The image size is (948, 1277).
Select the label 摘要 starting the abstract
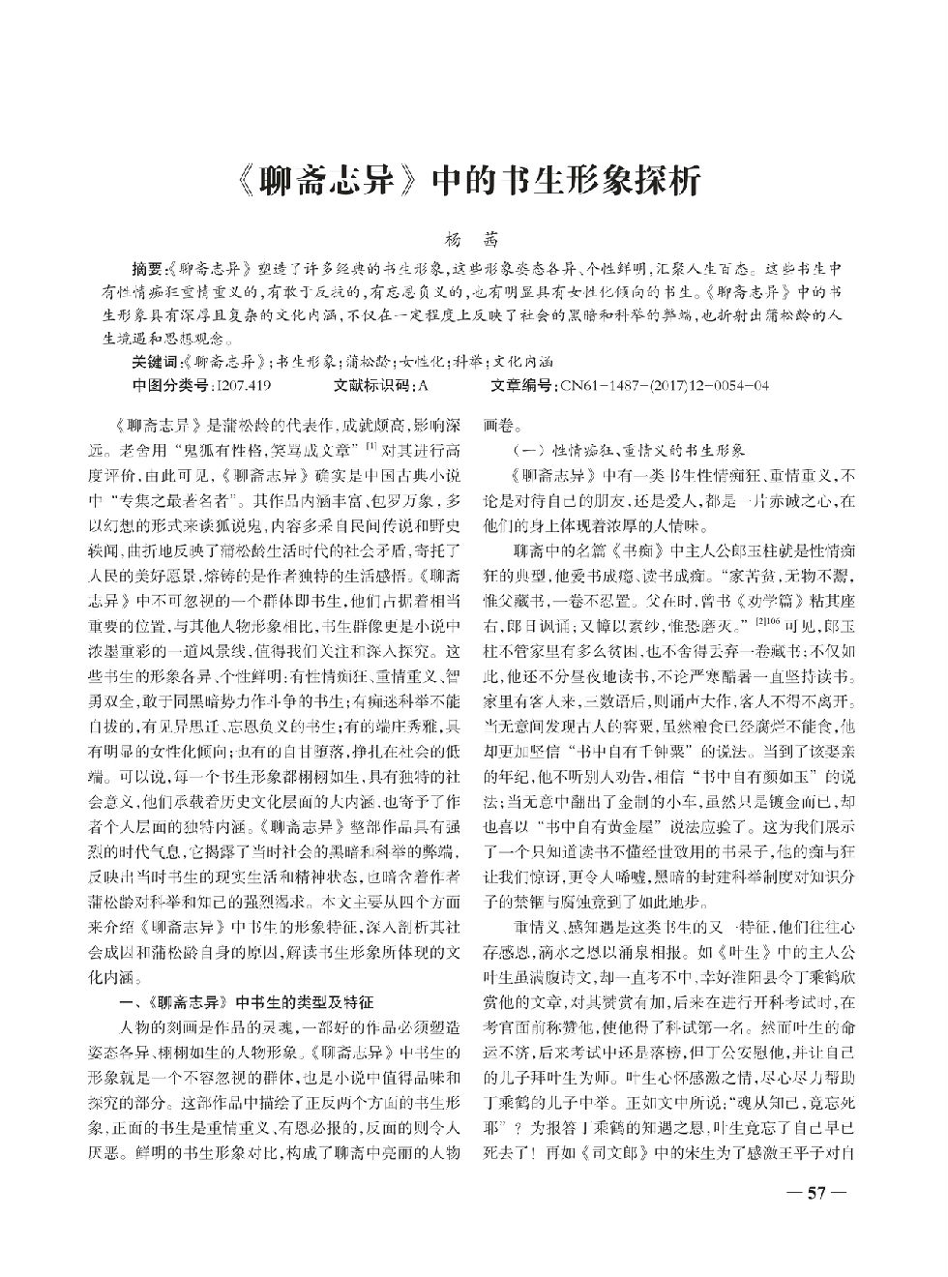click(x=148, y=265)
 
